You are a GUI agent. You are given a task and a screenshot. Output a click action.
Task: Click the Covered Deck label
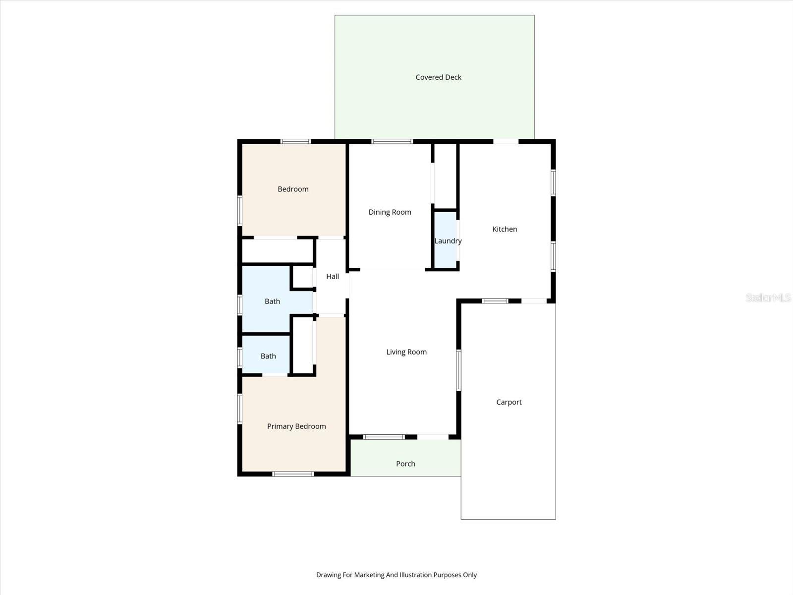tap(438, 77)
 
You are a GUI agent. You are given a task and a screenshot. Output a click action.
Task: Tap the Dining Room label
tap(390, 212)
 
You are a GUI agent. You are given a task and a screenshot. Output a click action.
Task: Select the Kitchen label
tap(505, 229)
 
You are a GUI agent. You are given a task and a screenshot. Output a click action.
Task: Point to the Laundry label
tap(448, 241)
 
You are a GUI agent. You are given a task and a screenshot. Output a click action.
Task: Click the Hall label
tap(333, 276)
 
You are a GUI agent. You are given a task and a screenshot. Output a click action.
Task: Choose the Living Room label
tap(406, 352)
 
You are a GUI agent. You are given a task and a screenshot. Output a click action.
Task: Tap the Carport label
tap(509, 402)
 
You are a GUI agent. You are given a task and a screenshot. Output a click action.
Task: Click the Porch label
tap(405, 464)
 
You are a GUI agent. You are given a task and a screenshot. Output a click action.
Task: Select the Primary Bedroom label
tap(296, 426)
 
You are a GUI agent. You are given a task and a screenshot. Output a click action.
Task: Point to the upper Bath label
tap(272, 301)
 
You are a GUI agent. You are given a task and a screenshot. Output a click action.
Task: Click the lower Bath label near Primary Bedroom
tap(268, 356)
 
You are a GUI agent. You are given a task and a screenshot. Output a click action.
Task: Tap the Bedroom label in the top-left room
tap(293, 189)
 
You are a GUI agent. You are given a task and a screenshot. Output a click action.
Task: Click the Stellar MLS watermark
tap(768, 297)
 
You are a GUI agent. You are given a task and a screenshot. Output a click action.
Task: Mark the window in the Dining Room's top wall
tap(392, 142)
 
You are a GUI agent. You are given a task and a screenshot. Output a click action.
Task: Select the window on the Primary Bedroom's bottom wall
tap(293, 474)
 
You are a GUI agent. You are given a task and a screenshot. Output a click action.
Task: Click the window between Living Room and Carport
tap(458, 370)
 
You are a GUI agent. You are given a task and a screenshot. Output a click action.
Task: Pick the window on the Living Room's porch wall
tap(384, 437)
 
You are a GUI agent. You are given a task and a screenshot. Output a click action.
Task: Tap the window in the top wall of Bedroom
tap(295, 142)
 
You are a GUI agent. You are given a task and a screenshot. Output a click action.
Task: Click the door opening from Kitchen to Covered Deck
tap(506, 142)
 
